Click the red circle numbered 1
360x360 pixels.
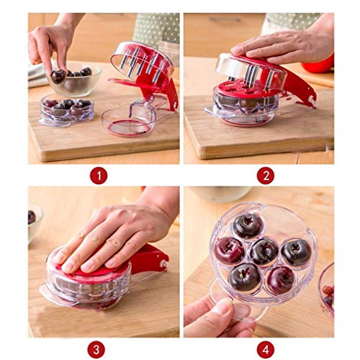(99, 176)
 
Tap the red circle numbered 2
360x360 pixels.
(266, 176)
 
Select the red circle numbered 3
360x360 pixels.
(96, 350)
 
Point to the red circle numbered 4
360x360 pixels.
(266, 350)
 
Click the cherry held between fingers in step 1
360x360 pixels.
(58, 76)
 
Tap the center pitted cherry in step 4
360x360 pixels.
(264, 253)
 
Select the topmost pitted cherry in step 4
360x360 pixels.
(248, 226)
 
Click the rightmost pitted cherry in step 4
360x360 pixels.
(296, 253)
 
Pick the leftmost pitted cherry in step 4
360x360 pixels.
(229, 251)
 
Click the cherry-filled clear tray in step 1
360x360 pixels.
(66, 110)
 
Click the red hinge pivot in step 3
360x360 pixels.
(163, 263)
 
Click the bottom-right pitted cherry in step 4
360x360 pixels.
(281, 280)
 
